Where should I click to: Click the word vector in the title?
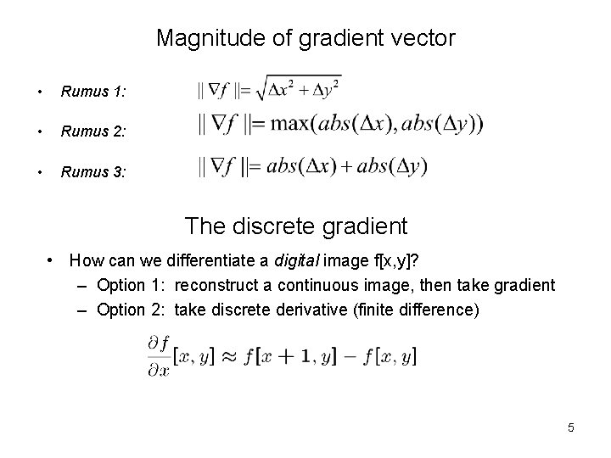pos(427,38)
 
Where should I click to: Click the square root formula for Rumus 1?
pos(269,87)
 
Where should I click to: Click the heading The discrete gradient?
pos(295,226)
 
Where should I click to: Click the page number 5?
pos(571,427)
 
